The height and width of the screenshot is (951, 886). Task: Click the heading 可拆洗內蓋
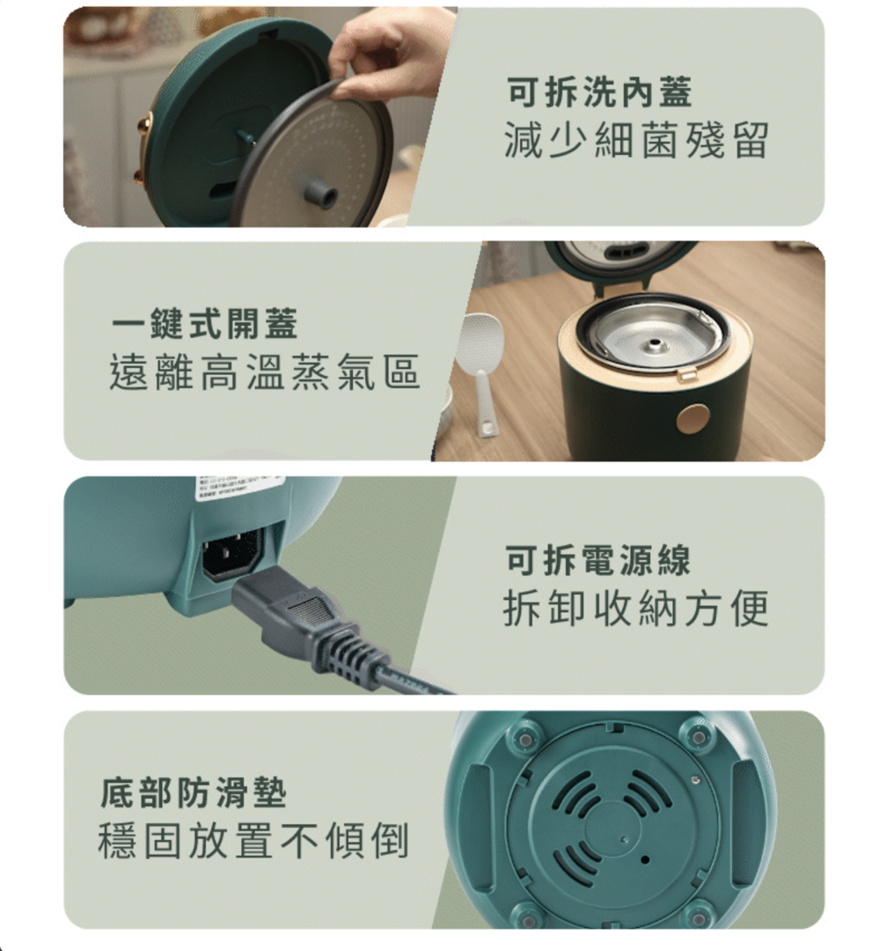pyautogui.click(x=599, y=92)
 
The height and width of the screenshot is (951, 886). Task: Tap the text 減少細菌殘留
pyautogui.click(x=636, y=140)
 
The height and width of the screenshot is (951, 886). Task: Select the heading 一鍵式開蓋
pyautogui.click(x=205, y=323)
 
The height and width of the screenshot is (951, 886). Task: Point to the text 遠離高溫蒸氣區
pyautogui.click(x=265, y=372)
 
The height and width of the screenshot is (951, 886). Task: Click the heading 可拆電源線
pyautogui.click(x=598, y=560)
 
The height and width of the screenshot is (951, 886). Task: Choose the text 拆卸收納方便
pyautogui.click(x=636, y=608)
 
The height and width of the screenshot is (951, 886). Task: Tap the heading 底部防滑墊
pyautogui.click(x=194, y=792)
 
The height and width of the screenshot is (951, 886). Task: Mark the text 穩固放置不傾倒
pyautogui.click(x=253, y=841)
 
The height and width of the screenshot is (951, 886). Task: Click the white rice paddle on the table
pyautogui.click(x=482, y=370)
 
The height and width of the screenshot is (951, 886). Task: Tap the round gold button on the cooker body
pyautogui.click(x=692, y=419)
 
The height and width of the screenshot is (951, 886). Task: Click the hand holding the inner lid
pyautogui.click(x=390, y=55)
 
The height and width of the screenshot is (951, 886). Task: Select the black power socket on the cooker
pyautogui.click(x=232, y=554)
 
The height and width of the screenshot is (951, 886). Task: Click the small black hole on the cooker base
pyautogui.click(x=645, y=859)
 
